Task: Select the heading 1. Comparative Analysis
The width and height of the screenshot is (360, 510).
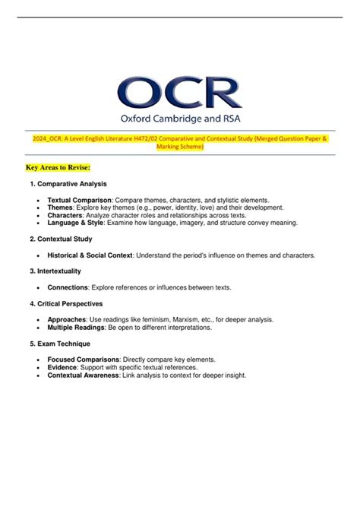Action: point(68,185)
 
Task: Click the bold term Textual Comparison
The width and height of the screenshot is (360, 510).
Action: point(79,200)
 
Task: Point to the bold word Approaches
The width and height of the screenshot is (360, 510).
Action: point(66,319)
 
